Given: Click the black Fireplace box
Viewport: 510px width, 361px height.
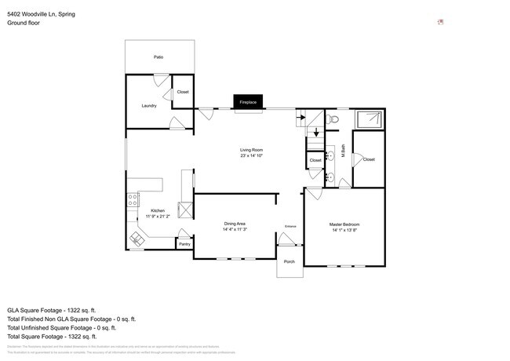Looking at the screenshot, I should click(x=248, y=102).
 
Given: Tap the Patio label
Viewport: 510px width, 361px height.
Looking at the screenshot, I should click(x=158, y=57).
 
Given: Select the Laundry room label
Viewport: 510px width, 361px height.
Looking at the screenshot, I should click(x=149, y=105).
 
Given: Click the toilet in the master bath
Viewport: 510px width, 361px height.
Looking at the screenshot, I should click(x=333, y=120).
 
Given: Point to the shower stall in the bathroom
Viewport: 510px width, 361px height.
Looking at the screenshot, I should click(x=368, y=119).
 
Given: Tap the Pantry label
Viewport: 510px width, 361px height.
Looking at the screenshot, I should click(x=184, y=244).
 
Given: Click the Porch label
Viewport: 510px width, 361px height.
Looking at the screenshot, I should click(x=290, y=261).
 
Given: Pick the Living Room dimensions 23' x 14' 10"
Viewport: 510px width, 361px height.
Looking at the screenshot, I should click(x=251, y=155).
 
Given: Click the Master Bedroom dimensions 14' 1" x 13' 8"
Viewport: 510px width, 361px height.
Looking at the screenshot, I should click(x=344, y=230).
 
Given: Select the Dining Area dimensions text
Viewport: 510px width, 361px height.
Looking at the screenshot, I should click(x=235, y=230).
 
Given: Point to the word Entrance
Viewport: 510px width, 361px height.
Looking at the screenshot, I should click(x=290, y=227).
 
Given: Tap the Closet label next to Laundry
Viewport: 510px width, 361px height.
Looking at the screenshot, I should click(x=183, y=92).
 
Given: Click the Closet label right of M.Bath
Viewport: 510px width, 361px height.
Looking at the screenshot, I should click(x=369, y=159).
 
